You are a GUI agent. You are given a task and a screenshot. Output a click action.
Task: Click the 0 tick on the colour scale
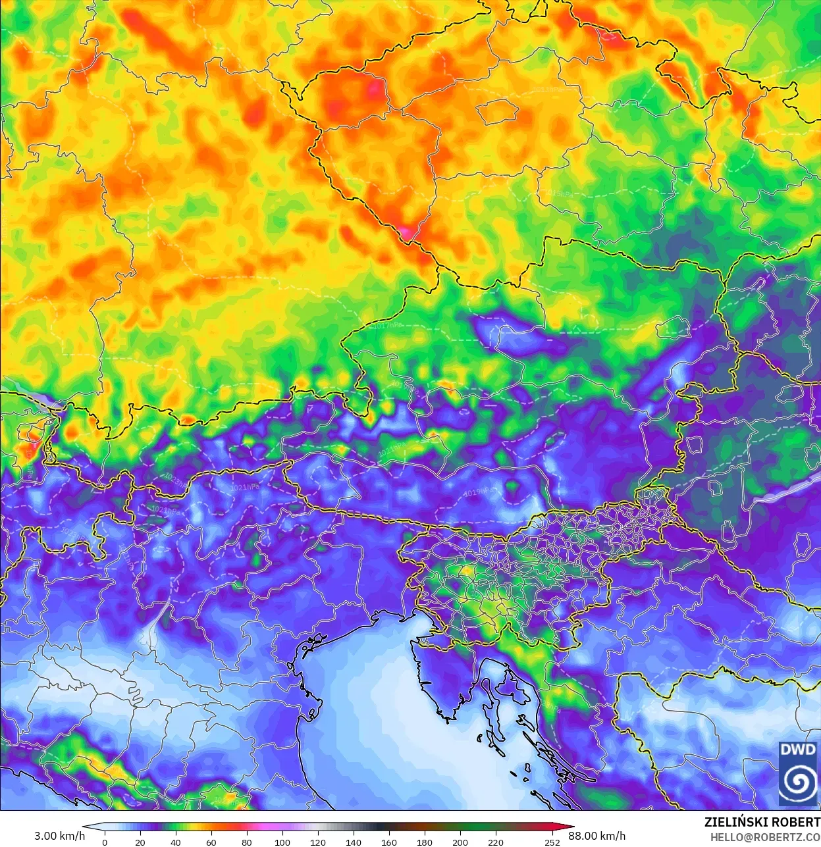click(105, 842)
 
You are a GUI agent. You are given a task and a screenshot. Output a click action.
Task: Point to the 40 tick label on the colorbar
click(175, 842)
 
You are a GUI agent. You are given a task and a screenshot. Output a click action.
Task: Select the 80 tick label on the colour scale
click(246, 842)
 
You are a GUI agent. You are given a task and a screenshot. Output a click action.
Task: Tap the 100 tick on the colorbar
click(282, 842)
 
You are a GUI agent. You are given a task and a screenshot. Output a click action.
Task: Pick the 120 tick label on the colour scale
click(318, 842)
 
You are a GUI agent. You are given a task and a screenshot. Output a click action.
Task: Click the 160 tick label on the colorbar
click(389, 842)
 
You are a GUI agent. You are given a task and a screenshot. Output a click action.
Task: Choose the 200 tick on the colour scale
click(460, 842)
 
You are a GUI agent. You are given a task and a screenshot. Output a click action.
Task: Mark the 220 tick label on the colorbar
click(496, 842)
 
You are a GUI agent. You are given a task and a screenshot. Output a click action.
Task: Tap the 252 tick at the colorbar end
click(552, 842)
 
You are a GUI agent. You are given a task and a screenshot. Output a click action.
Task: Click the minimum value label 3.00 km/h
click(59, 836)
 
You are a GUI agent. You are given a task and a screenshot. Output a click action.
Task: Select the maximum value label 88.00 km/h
click(596, 836)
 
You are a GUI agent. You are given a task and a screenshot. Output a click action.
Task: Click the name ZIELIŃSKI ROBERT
click(762, 822)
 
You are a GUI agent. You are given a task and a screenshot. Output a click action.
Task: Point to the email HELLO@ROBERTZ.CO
click(765, 837)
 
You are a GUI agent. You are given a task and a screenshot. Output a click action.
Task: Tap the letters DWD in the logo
click(797, 750)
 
